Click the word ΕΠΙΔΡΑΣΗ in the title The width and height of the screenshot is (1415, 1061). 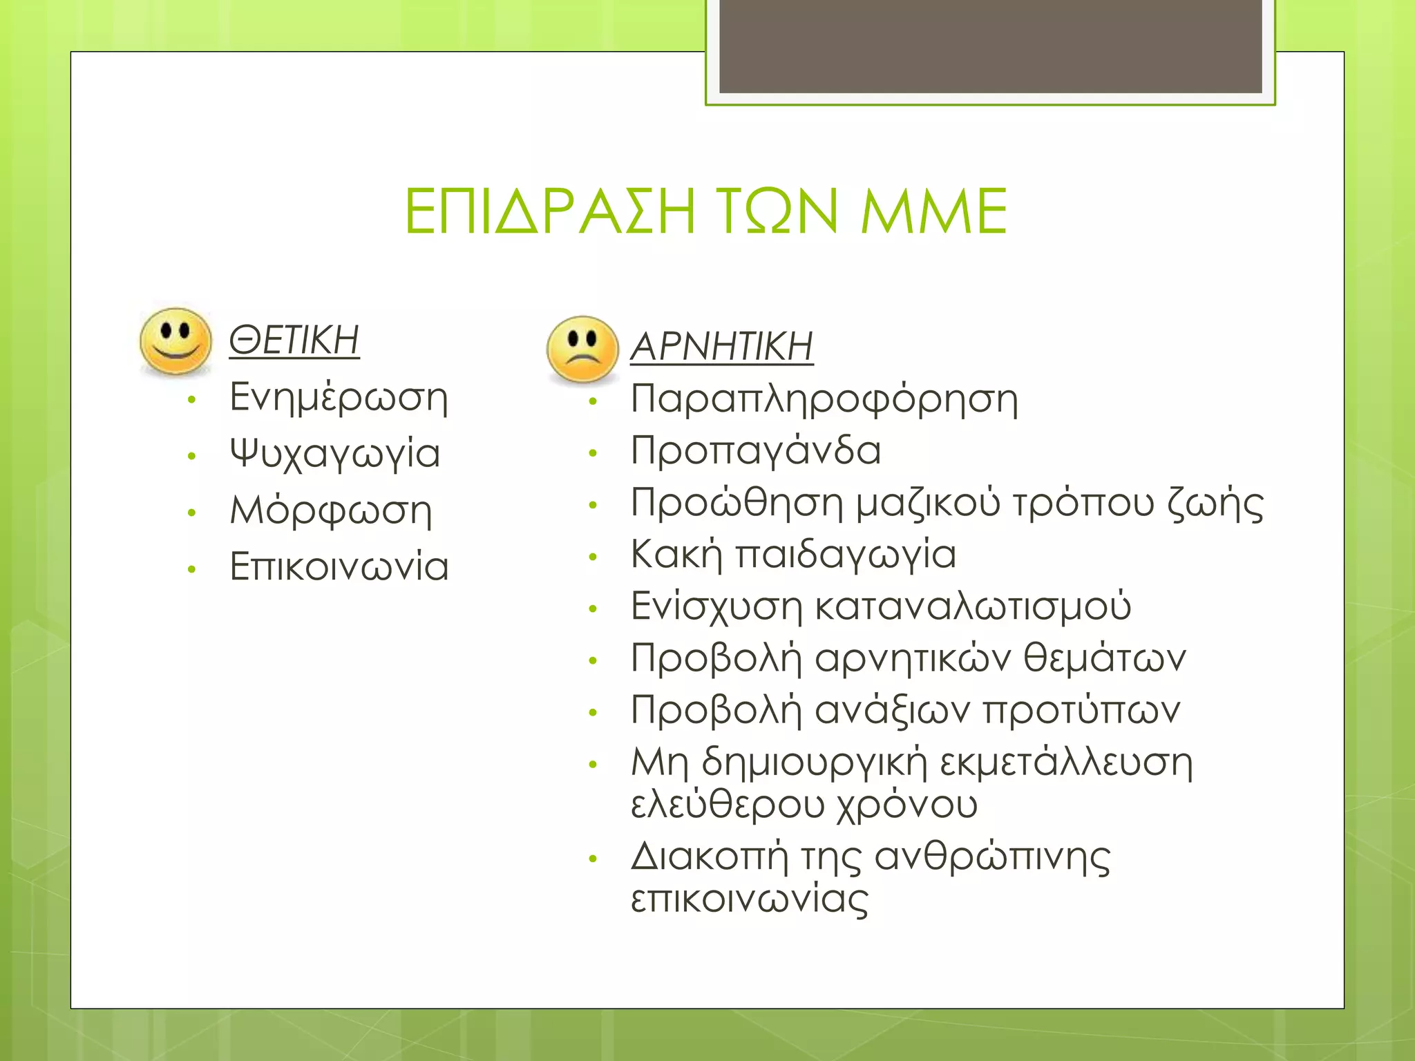[x=549, y=211]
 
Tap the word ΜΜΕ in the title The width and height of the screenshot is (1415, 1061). [x=933, y=211]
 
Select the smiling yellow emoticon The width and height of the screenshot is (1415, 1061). [x=175, y=341]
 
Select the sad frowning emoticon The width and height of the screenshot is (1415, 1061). [x=582, y=350]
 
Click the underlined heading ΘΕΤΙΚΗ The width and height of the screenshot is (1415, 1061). [x=294, y=340]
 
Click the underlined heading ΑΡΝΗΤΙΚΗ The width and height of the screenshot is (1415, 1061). [x=721, y=347]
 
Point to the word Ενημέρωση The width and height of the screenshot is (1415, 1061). [x=339, y=399]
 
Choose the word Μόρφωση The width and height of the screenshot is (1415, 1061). [x=331, y=512]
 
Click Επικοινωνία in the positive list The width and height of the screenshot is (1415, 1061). [x=339, y=567]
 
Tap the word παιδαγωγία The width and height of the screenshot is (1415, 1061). [x=845, y=555]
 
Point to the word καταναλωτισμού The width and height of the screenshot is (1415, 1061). [x=973, y=606]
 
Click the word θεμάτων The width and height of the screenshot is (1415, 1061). [x=1104, y=658]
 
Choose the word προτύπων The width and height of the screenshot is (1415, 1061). [x=1081, y=711]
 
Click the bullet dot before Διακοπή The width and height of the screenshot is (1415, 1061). [x=592, y=859]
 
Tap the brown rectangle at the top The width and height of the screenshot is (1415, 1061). [x=990, y=46]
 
